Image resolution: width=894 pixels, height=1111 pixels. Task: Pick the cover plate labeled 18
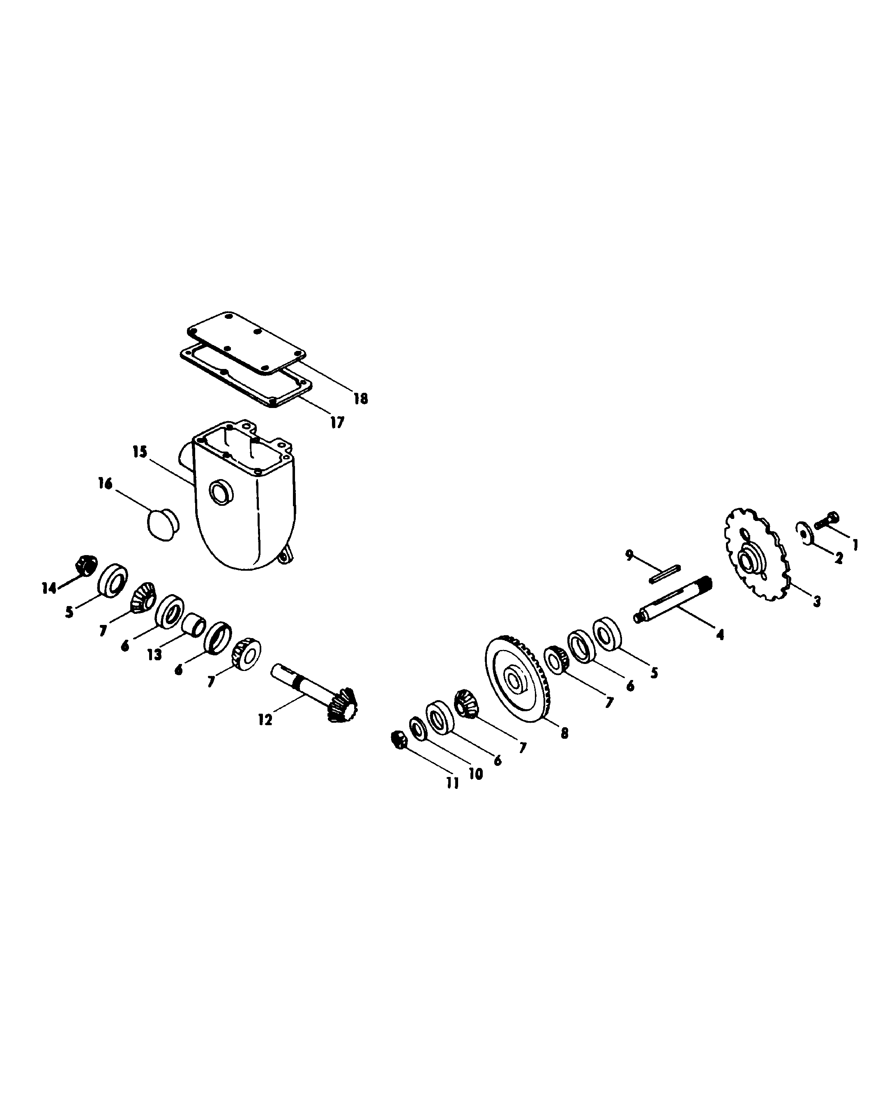pyautogui.click(x=246, y=342)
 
